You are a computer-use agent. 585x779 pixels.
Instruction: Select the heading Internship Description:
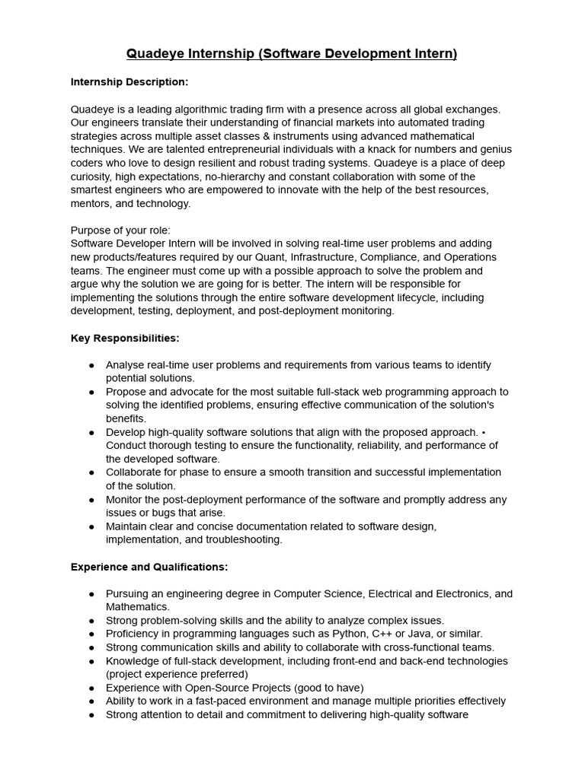[x=129, y=81]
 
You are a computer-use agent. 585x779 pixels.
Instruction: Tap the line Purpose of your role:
[x=120, y=230]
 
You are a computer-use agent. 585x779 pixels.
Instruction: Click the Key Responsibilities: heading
[x=125, y=338]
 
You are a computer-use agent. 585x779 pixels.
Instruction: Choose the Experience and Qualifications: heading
[x=149, y=567]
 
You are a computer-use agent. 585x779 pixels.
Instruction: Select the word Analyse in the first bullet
[x=126, y=364]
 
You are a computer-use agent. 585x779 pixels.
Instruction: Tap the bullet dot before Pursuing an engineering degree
[x=91, y=593]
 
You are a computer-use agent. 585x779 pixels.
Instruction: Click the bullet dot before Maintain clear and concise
[x=91, y=526]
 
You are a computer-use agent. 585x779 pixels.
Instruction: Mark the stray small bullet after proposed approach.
[x=484, y=432]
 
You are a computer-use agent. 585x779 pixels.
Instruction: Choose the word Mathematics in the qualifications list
[x=137, y=606]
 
